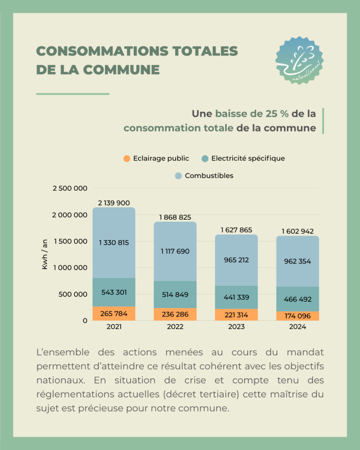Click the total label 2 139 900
114,203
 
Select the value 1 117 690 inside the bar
175,251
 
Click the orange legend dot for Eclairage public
127,159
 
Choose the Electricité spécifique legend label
248,159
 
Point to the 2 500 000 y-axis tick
69,189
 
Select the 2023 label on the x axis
236,327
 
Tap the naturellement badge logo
299,60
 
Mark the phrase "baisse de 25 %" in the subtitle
252,114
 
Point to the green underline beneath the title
73,94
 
